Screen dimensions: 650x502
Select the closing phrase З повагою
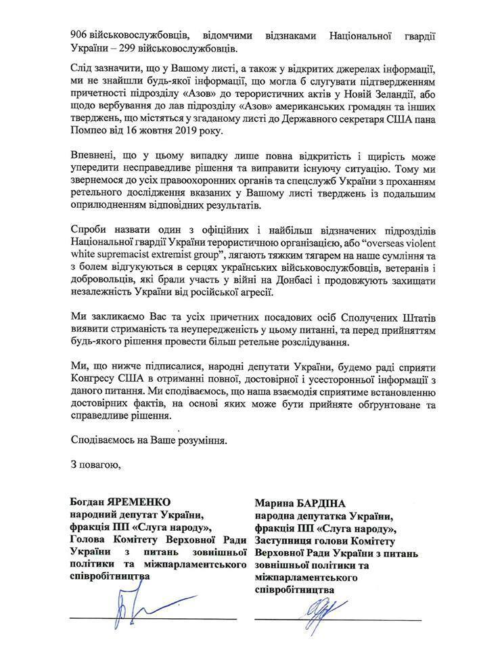(x=95, y=464)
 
